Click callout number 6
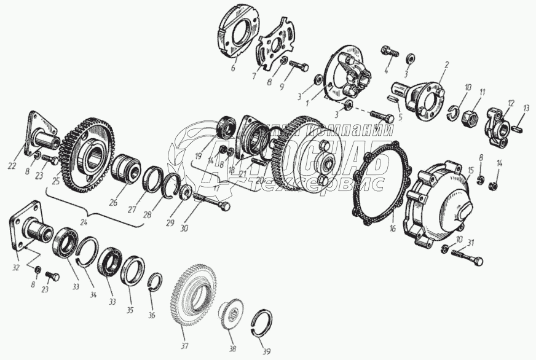(x=233, y=68)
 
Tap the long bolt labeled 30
(x=212, y=201)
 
